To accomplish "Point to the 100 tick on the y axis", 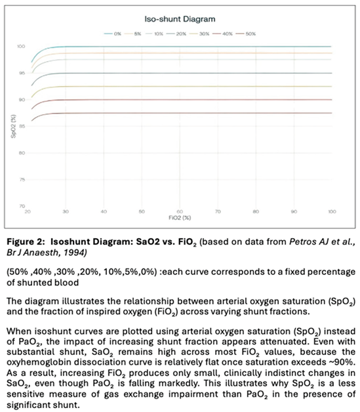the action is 22,47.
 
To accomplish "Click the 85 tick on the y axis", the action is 22,127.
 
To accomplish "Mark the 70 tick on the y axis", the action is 22,206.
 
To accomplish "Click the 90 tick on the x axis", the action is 294,211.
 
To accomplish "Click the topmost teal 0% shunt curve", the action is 197,47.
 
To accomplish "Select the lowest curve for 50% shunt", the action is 197,113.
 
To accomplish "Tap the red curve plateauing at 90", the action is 197,100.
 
